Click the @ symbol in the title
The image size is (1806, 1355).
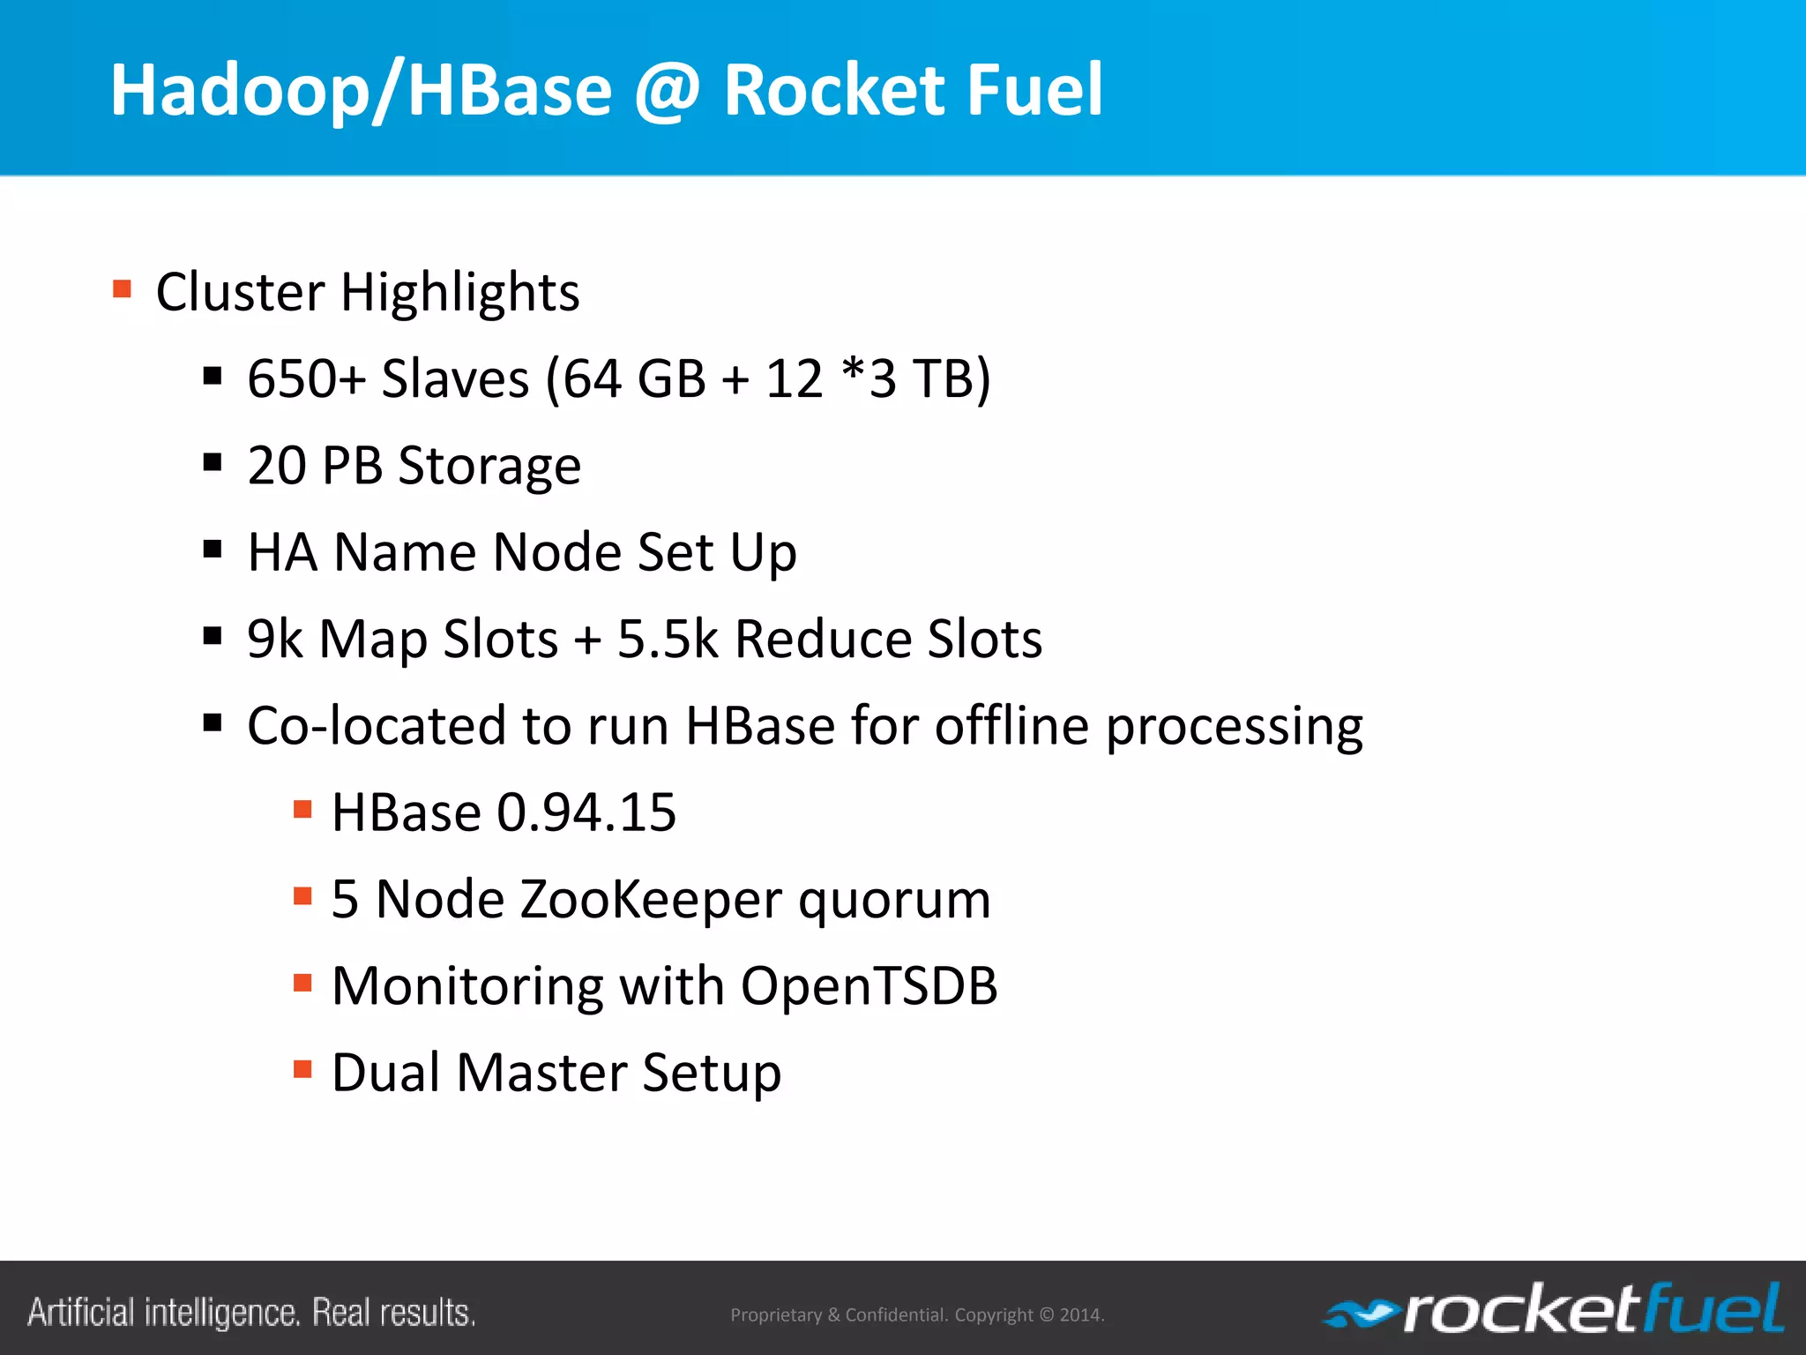[x=668, y=91]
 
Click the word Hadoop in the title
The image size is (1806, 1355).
[x=239, y=91]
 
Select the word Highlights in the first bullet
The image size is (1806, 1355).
[x=459, y=292]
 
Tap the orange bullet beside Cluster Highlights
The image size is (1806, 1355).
[x=123, y=288]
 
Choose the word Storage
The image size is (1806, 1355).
[x=489, y=467]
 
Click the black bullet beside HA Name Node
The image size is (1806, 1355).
[x=212, y=550]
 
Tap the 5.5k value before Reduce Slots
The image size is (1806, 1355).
[x=668, y=639]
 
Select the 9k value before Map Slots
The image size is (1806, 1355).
[x=274, y=639]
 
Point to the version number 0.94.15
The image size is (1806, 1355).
[x=586, y=812]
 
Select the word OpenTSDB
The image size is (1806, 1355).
[x=869, y=985]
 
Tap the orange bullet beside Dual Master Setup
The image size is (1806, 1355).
[x=302, y=1069]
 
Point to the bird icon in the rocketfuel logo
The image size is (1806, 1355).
[x=1360, y=1315]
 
